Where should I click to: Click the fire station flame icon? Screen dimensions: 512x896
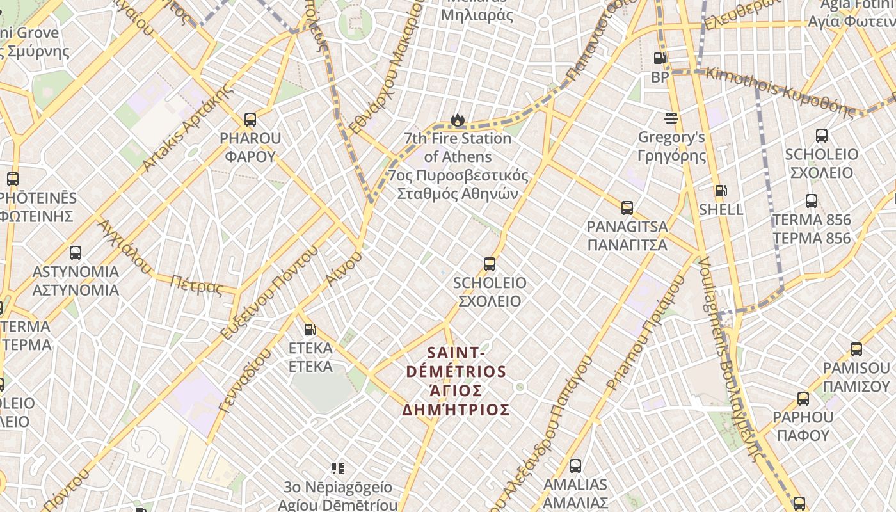[457, 120]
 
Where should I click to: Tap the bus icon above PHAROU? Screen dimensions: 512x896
[250, 120]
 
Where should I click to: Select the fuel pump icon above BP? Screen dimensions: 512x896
[659, 59]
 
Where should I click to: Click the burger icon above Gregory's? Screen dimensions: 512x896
[671, 118]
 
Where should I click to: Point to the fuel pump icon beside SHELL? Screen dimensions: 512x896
[721, 191]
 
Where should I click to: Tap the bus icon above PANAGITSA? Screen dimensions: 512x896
[627, 208]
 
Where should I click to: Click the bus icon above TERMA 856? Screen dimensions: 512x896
[812, 201]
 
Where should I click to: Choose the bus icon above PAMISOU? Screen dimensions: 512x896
[856, 349]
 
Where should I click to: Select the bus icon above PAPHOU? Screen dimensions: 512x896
[803, 399]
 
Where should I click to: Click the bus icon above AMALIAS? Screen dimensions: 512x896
[575, 466]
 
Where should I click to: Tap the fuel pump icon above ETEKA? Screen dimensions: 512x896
[310, 330]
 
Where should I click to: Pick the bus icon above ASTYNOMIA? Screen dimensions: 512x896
[76, 253]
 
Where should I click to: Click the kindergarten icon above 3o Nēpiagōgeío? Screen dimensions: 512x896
[338, 469]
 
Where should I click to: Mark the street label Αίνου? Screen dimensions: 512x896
[343, 269]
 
